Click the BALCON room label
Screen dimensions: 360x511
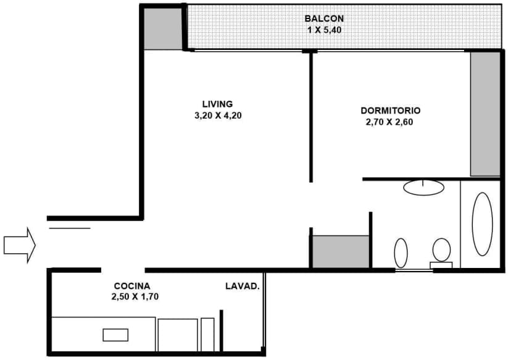click(324, 18)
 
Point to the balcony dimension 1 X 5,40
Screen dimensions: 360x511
click(324, 29)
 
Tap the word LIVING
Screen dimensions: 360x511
click(217, 104)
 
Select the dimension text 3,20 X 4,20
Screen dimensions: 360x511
click(217, 115)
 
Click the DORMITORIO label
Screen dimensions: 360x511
click(391, 111)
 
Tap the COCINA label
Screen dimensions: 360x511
click(132, 286)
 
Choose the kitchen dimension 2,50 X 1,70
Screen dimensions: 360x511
click(132, 296)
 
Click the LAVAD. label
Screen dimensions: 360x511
click(242, 286)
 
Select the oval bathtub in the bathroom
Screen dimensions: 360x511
click(482, 224)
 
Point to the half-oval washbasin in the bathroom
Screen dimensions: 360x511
click(424, 187)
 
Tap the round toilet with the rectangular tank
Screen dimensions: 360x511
click(441, 251)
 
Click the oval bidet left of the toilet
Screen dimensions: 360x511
click(401, 252)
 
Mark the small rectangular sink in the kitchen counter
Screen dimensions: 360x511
click(115, 335)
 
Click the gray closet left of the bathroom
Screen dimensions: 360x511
click(340, 251)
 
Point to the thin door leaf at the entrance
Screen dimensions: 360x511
click(69, 228)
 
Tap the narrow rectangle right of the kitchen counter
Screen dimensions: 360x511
click(207, 335)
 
